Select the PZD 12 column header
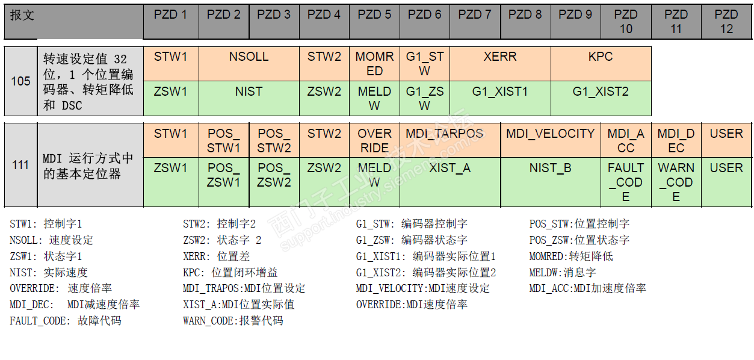click(726, 22)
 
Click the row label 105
click(21, 81)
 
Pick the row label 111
click(21, 165)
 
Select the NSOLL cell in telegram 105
click(249, 57)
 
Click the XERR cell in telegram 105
click(499, 57)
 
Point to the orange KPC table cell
click(601, 57)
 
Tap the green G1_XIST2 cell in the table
click(601, 92)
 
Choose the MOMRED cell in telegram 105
click(374, 63)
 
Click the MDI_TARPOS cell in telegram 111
click(450, 134)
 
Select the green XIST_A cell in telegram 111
click(450, 169)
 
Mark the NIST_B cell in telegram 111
click(550, 169)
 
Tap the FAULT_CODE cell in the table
click(626, 182)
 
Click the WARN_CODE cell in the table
click(676, 182)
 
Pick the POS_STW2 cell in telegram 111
click(274, 140)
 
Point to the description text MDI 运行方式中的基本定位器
click(88, 166)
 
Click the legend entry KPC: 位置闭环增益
click(230, 273)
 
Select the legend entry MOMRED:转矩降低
click(571, 256)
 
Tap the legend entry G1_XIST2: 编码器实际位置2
click(426, 273)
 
